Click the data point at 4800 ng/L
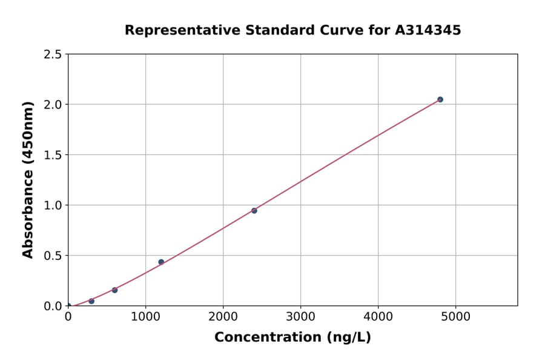(x=440, y=99)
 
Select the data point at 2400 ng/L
(x=254, y=211)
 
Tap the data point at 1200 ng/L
(x=161, y=262)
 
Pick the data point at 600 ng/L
(x=114, y=290)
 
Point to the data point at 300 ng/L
(x=91, y=301)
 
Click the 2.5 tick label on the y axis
(x=53, y=55)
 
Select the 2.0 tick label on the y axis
(x=53, y=105)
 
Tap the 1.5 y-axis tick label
(x=53, y=155)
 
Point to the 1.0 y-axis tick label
(x=53, y=205)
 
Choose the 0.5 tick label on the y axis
(x=53, y=256)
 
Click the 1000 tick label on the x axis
(x=145, y=316)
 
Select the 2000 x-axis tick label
(x=223, y=316)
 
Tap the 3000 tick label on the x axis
(x=301, y=316)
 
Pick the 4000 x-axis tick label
(x=378, y=316)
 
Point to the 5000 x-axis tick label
(x=456, y=316)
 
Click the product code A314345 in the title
(x=428, y=30)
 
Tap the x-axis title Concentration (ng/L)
(x=292, y=337)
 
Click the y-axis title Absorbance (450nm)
(x=28, y=180)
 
